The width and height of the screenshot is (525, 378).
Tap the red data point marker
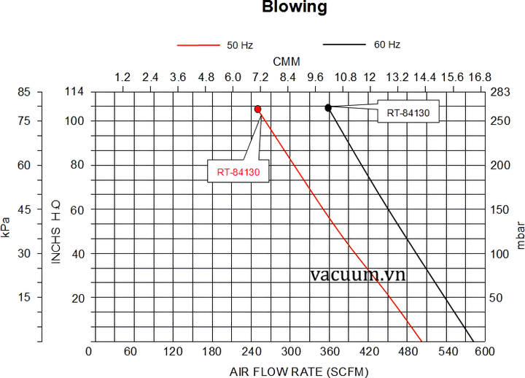point(258,109)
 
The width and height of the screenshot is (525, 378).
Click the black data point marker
point(328,107)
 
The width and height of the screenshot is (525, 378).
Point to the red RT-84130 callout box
point(238,172)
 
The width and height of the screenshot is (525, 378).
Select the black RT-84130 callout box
point(408,112)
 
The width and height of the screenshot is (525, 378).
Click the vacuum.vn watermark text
point(357,275)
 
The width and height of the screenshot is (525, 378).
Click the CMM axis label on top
point(287,61)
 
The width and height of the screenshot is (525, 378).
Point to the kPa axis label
point(7,226)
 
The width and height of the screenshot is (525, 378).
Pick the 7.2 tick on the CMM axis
point(260,77)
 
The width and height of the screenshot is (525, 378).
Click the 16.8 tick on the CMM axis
point(480,77)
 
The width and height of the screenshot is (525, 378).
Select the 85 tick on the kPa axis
point(25,91)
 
